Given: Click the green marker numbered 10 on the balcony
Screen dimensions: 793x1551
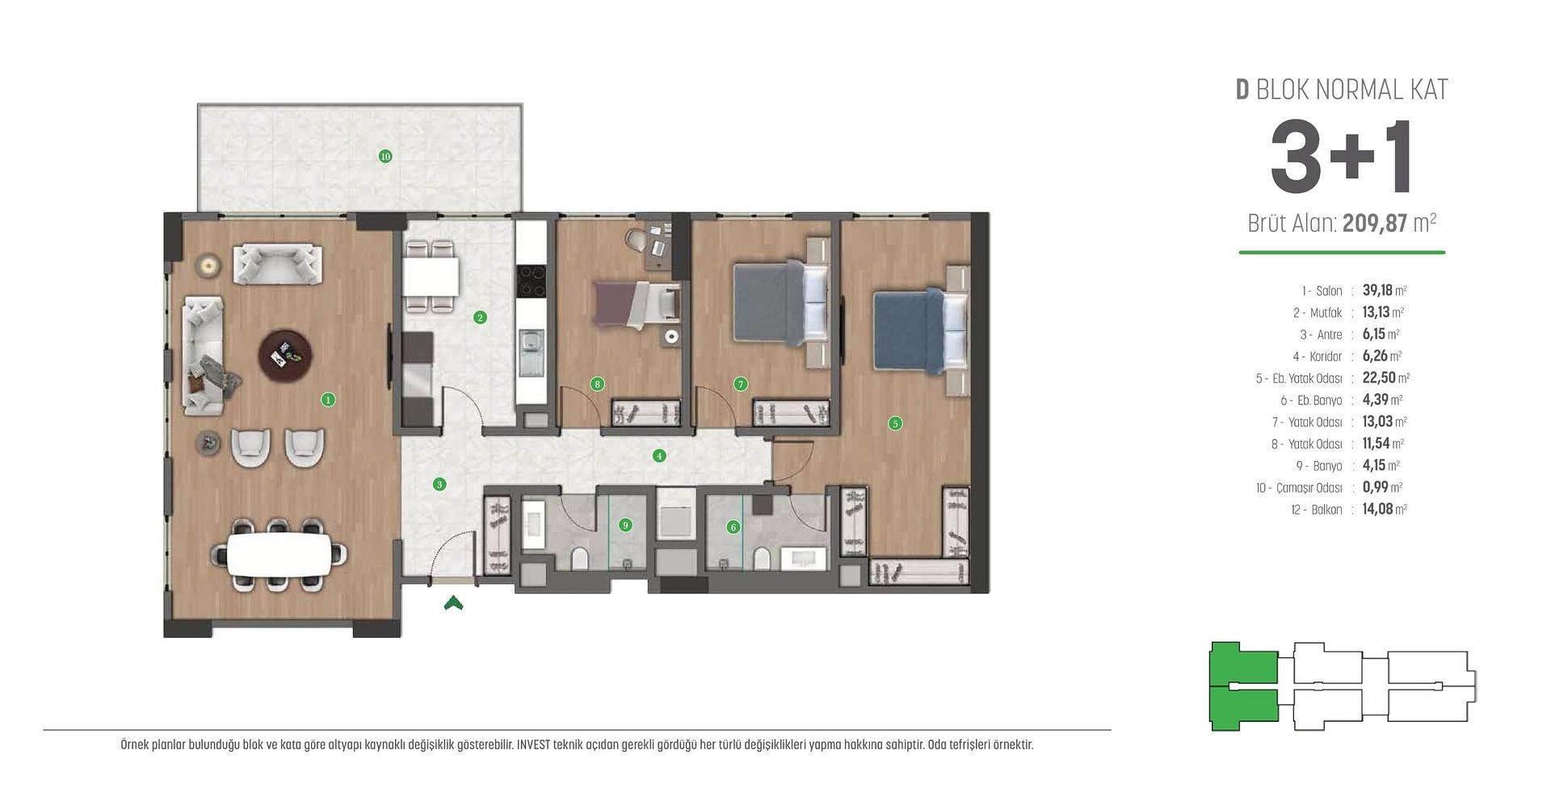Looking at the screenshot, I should coord(385,156).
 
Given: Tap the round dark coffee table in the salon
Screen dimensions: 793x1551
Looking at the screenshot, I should coord(285,355).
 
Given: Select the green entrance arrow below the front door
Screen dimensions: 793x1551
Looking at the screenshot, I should coord(453,602).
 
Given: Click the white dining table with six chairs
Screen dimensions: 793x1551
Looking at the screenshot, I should coord(279,555).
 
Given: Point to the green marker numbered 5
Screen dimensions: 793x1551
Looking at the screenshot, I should coord(894,423).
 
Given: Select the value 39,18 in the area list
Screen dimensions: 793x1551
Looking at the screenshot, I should coord(1377,290).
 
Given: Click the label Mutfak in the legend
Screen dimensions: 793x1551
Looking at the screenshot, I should coord(1325,313).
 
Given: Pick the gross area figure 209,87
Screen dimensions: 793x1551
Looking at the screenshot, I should coord(1374,223).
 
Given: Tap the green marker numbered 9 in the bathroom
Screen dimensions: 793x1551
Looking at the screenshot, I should coord(625,525).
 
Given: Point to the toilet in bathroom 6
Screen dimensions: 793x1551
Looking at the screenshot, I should coord(761,557).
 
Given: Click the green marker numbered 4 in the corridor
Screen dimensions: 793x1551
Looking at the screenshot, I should coord(659,455).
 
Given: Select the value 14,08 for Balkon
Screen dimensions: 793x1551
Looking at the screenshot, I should coord(1377,509).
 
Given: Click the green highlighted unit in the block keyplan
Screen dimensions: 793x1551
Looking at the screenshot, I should coord(1242,686).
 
